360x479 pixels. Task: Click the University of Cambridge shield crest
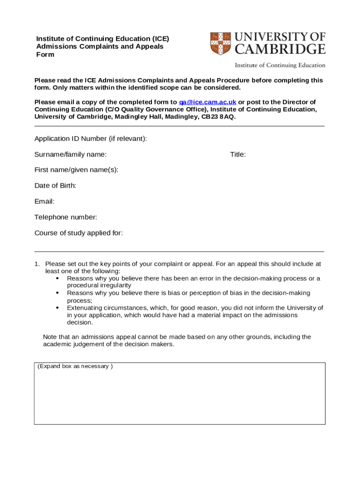pyautogui.click(x=221, y=43)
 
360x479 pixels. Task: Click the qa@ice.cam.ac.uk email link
pyautogui.click(x=208, y=102)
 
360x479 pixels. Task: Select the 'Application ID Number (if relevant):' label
pyautogui.click(x=91, y=138)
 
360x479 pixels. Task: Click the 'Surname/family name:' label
pyautogui.click(x=71, y=154)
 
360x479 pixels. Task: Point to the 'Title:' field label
pyautogui.click(x=238, y=154)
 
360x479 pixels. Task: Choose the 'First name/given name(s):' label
pyautogui.click(x=76, y=170)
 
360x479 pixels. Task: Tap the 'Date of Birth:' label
pyautogui.click(x=55, y=186)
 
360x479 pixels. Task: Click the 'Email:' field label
pyautogui.click(x=44, y=202)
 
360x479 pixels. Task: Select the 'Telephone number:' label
pyautogui.click(x=66, y=217)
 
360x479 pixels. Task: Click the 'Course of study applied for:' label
pyautogui.click(x=79, y=233)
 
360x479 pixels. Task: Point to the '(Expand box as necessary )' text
pyautogui.click(x=75, y=366)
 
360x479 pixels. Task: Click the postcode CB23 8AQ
pyautogui.click(x=218, y=116)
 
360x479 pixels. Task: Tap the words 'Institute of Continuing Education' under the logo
pyautogui.click(x=280, y=65)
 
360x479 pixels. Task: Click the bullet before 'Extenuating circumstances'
pyautogui.click(x=57, y=308)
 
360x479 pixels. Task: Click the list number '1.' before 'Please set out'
pyautogui.click(x=37, y=264)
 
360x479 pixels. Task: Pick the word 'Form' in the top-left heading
pyautogui.click(x=45, y=55)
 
